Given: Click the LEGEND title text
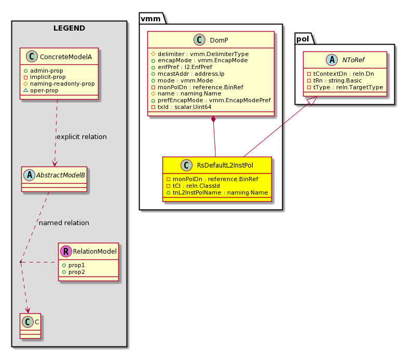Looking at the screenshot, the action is (69, 28).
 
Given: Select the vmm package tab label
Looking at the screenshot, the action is (150, 19).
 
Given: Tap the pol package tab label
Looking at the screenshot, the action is (303, 39).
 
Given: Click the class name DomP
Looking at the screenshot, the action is (219, 40).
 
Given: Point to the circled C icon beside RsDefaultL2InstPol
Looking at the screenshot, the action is (187, 165).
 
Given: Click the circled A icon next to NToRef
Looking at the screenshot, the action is (332, 60).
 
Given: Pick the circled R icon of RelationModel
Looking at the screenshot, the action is (66, 251).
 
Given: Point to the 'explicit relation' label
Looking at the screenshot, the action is (81, 137).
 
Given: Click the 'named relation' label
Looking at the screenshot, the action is (64, 223).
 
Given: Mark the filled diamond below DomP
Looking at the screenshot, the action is (213, 119).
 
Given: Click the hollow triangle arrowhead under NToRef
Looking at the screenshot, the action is (313, 101).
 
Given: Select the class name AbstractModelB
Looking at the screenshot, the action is (60, 175).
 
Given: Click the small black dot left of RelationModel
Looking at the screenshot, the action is (21, 262).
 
